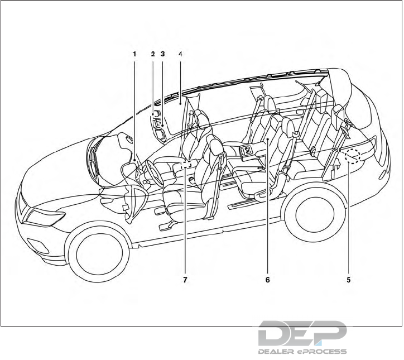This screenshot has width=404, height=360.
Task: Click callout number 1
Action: pyautogui.click(x=134, y=54)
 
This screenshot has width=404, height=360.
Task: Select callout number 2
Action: pyautogui.click(x=152, y=54)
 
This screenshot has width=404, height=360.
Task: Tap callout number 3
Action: pyautogui.click(x=162, y=54)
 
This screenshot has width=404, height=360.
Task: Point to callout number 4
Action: pyautogui.click(x=180, y=54)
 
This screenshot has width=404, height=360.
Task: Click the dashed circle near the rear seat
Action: pyautogui.click(x=353, y=158)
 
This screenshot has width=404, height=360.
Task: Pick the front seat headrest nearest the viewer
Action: pyautogui.click(x=213, y=146)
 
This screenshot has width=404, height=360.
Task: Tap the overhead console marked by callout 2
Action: pyautogui.click(x=157, y=120)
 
